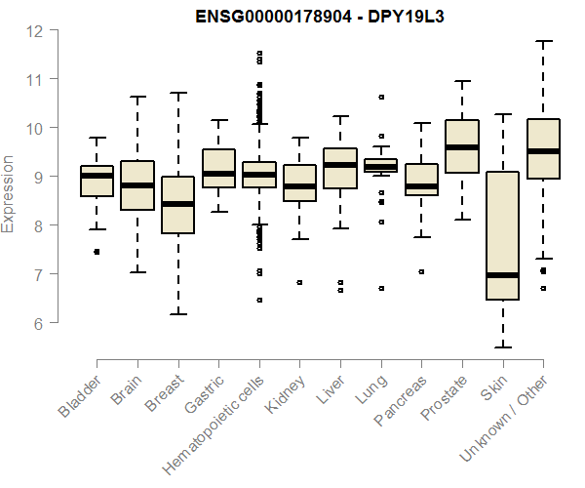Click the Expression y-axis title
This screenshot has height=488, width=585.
[9, 193]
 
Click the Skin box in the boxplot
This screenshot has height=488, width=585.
[502, 234]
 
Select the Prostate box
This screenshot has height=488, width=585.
[461, 146]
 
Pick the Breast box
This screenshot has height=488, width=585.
[177, 205]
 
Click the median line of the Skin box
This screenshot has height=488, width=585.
[502, 275]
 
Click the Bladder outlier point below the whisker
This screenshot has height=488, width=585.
[96, 252]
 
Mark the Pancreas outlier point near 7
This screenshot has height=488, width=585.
[421, 271]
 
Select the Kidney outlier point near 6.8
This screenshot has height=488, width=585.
[299, 282]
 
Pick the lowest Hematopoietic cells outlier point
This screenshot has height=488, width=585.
[258, 301]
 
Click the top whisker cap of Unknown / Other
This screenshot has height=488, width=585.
[543, 41]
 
